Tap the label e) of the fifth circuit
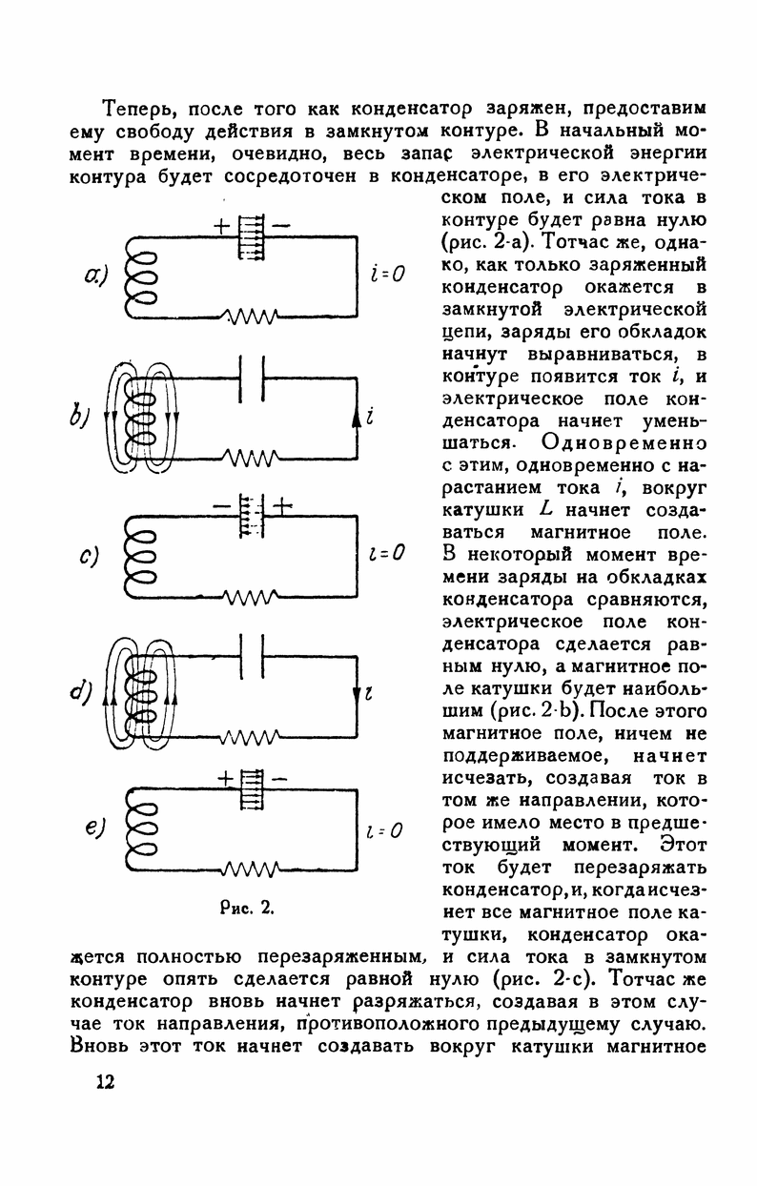coord(93,828)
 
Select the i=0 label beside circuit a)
coord(387,275)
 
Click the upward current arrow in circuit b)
coord(358,417)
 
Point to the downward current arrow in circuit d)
coord(358,692)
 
